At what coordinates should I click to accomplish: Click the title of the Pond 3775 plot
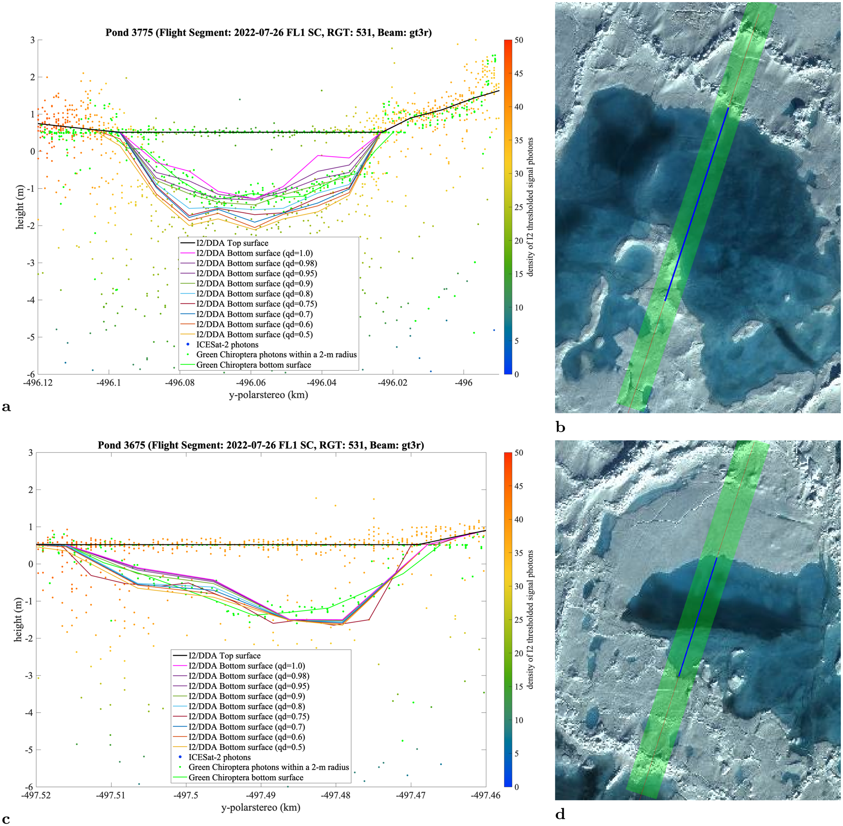point(268,32)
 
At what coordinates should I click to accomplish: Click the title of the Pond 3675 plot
point(261,445)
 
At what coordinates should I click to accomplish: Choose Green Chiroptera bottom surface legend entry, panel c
point(245,778)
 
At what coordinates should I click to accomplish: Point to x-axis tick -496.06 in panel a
point(251,383)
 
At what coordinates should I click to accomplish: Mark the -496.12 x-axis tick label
point(38,383)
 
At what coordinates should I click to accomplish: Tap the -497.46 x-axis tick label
point(486,795)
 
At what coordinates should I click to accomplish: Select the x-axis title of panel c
point(261,808)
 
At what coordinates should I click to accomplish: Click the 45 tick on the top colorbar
point(519,73)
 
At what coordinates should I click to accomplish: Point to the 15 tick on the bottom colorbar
point(519,686)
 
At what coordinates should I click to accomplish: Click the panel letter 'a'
point(6,407)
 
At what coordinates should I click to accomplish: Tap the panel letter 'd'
point(560,814)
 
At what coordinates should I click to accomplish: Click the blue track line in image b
point(697,203)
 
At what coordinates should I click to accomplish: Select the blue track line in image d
point(697,616)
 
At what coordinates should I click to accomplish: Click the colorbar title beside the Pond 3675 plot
point(530,620)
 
